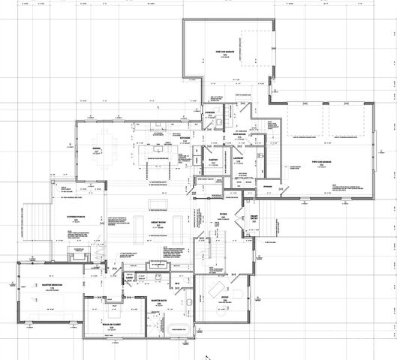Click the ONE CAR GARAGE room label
pyautogui.click(x=227, y=51)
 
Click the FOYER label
pyautogui.click(x=223, y=214)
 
